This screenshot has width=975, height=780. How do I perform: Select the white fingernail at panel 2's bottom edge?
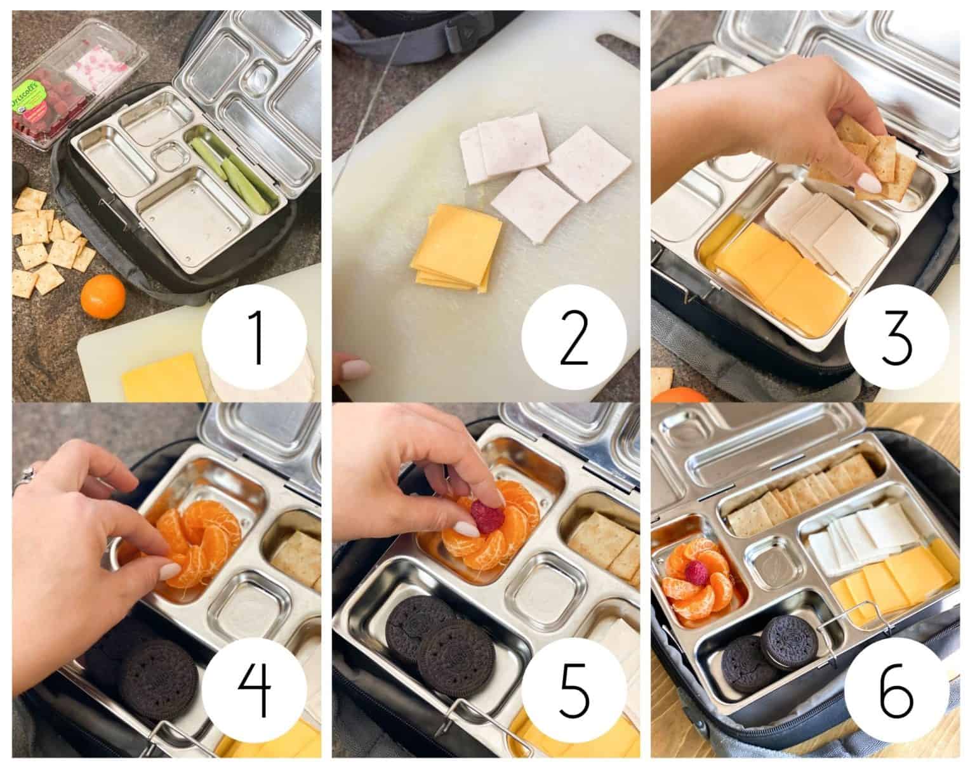(x=355, y=368)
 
